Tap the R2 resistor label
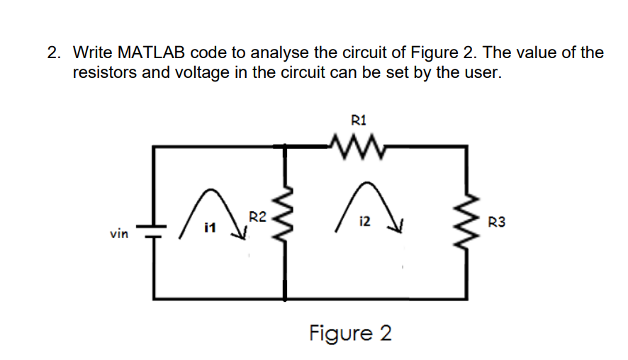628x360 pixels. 257,217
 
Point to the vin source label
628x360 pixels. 118,232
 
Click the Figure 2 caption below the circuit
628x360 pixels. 349,332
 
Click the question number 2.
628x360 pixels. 53,52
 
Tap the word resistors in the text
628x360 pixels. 105,72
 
